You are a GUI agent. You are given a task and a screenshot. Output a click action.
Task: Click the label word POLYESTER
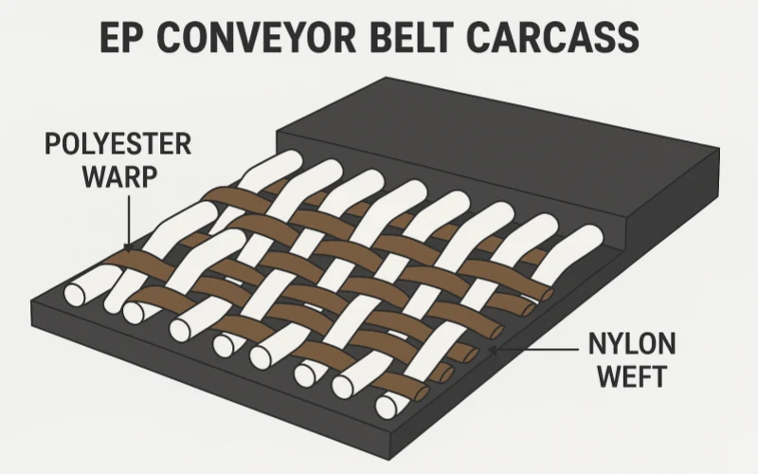[118, 145]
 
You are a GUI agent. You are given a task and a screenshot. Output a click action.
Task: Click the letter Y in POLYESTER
[99, 145]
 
